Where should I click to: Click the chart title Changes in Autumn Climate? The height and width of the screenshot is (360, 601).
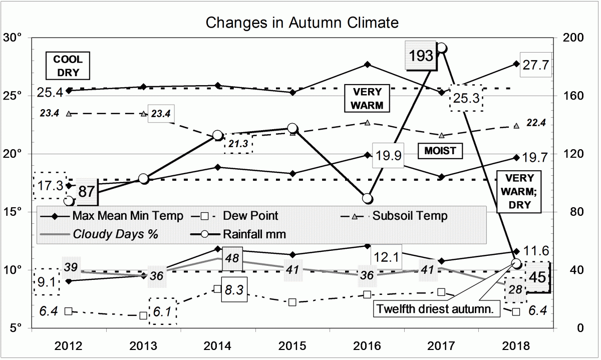point(303,23)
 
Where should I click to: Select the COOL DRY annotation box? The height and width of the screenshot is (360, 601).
point(68,66)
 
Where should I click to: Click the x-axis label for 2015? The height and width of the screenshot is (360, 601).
point(292,346)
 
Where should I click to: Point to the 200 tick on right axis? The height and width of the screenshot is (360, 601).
point(569,38)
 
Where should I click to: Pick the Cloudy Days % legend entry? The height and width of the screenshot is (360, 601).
point(115,233)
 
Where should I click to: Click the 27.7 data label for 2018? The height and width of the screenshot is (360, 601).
point(535,65)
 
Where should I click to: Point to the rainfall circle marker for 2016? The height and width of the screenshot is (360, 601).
point(368,199)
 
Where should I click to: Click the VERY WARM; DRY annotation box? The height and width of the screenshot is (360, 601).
point(519,191)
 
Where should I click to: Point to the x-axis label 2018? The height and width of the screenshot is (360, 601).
point(516,346)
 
